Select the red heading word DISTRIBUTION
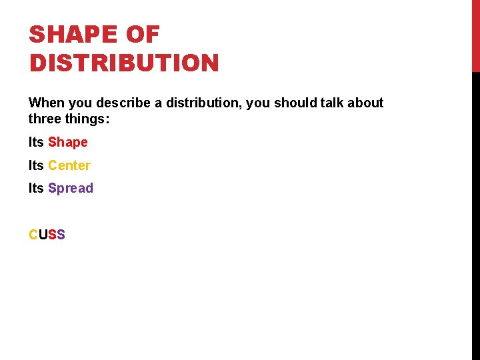[x=124, y=63]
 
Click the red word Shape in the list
[x=68, y=143]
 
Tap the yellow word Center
[x=69, y=165]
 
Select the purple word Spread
[x=71, y=189]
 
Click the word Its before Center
[x=36, y=165]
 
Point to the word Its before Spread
[x=36, y=189]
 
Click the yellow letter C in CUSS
[x=33, y=235]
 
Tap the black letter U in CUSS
[x=43, y=235]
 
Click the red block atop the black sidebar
[x=475, y=35]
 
